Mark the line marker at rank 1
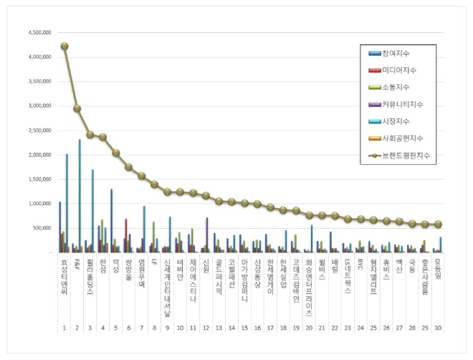pos(64,46)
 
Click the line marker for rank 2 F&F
pos(77,108)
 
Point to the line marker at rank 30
pos(438,224)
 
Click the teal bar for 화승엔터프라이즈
pos(312,239)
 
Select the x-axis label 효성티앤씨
pos(64,276)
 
